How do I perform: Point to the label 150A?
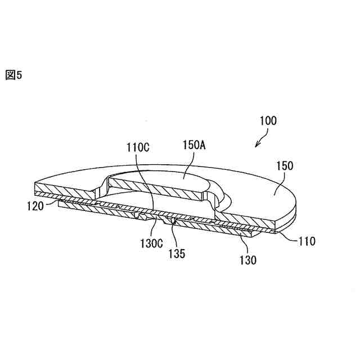coord(193,144)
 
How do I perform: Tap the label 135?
coord(175,254)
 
